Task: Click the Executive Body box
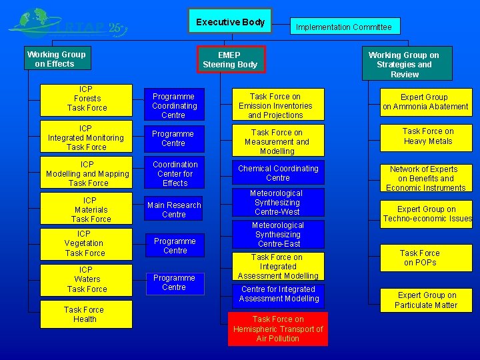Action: pyautogui.click(x=229, y=22)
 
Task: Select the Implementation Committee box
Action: pyautogui.click(x=344, y=27)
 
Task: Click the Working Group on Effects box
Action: pyautogui.click(x=56, y=59)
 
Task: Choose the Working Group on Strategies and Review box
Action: pyautogui.click(x=404, y=64)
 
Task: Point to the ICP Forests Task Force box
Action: pyautogui.click(x=87, y=99)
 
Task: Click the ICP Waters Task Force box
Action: pyautogui.click(x=87, y=279)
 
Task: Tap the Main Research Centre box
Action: pyautogui.click(x=174, y=210)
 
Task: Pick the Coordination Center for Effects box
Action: pyautogui.click(x=175, y=173)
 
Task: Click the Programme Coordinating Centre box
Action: pyautogui.click(x=174, y=105)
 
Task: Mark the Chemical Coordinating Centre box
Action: pyautogui.click(x=278, y=173)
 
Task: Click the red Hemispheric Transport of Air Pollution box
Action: pyautogui.click(x=277, y=329)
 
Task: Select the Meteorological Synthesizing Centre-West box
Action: pyautogui.click(x=277, y=203)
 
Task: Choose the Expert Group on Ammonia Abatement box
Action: pyautogui.click(x=425, y=101)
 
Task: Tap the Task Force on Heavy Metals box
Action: pyautogui.click(x=427, y=136)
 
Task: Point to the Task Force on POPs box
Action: pyautogui.click(x=420, y=258)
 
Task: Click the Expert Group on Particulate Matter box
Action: pyautogui.click(x=427, y=300)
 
